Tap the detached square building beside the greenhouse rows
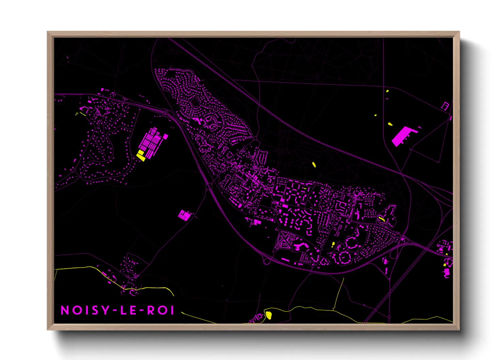coord(166,136)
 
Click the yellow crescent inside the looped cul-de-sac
coord(382,218)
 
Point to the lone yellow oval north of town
coord(314,165)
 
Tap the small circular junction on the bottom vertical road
coord(389,317)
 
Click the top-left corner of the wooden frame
coord(48,32)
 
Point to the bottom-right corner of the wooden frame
coord(459,329)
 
